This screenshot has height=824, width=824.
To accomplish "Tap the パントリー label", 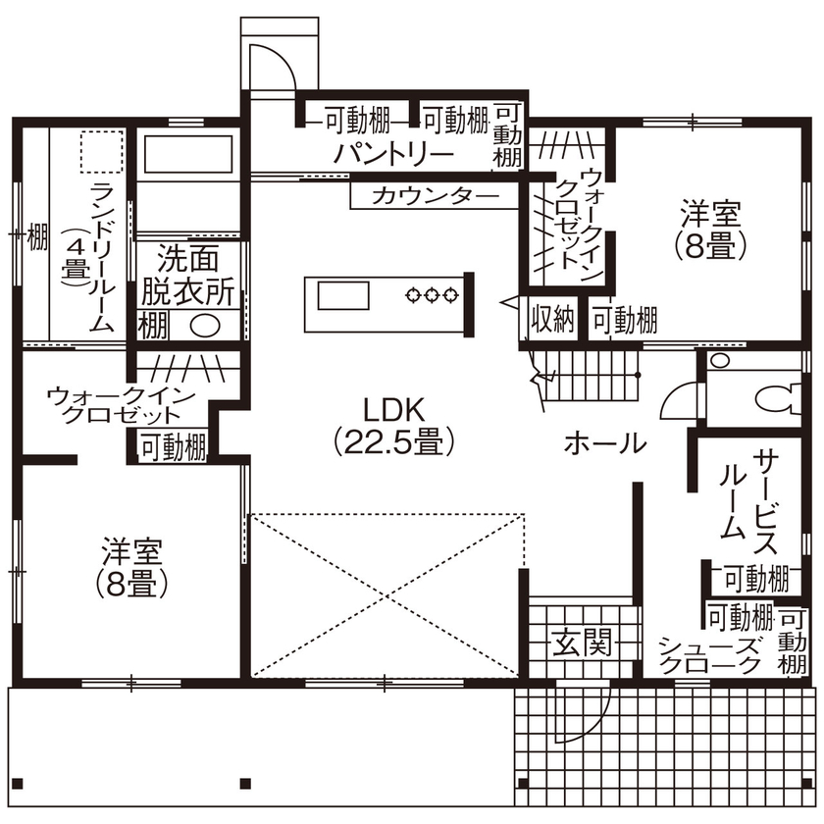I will click(392, 155).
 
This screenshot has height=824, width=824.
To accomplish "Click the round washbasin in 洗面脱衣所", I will click(204, 325).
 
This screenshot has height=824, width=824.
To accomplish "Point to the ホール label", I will click(604, 443).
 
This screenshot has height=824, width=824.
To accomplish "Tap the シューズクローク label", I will click(709, 654).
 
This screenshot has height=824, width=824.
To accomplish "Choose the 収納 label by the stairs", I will click(552, 320).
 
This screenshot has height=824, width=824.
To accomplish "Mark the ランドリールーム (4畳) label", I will click(88, 257).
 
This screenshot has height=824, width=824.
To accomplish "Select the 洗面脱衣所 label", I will click(187, 276).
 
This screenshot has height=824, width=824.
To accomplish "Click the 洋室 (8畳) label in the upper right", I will click(710, 228).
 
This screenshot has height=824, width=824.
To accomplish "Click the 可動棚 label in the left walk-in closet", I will click(173, 447).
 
